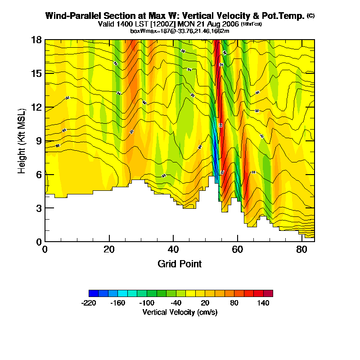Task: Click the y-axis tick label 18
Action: coord(36,40)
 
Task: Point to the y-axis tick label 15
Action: coord(36,73)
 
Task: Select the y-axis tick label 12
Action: coord(36,107)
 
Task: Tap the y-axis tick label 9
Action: coord(39,141)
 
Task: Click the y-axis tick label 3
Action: coord(39,208)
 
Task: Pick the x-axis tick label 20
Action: coord(109,249)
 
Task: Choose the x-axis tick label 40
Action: coord(173,249)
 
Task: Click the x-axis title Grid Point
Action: coord(180,264)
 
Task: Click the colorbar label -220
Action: coord(89,303)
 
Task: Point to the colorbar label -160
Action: coord(118,303)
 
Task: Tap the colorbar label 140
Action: coord(263,303)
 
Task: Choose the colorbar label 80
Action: coord(234,303)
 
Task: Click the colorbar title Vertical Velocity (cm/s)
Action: coord(180,312)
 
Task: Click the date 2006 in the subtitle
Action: coord(230,23)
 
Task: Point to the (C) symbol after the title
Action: coord(310,16)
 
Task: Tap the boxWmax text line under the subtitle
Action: coord(180,31)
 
